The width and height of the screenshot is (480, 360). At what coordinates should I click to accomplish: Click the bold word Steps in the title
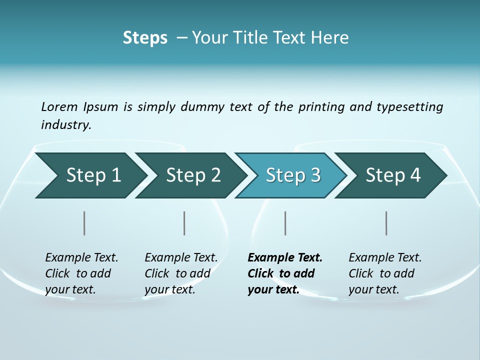[145, 38]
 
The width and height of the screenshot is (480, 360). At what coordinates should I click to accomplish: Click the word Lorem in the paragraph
[59, 107]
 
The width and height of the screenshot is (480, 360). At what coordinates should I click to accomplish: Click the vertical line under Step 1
[84, 223]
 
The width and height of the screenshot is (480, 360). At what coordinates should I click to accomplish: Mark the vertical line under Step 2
[184, 223]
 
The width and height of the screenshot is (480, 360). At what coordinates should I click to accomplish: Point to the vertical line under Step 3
[285, 223]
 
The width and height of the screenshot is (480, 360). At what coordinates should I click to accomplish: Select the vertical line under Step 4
[386, 223]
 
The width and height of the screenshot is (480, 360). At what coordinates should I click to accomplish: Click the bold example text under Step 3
[284, 273]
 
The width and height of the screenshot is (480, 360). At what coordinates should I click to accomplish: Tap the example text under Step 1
[81, 273]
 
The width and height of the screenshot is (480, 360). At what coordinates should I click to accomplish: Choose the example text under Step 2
[181, 273]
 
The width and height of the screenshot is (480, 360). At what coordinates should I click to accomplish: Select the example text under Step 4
[385, 273]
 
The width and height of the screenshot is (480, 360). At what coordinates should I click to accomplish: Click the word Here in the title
[329, 38]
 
